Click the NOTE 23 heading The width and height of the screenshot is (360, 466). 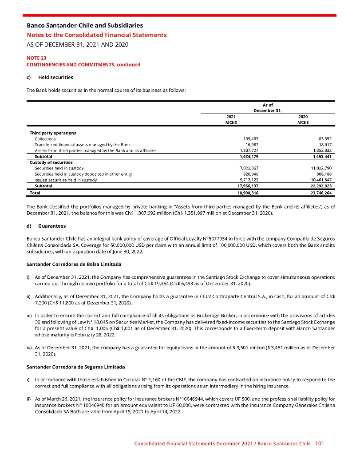click(37, 58)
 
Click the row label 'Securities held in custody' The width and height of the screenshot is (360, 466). click(59, 168)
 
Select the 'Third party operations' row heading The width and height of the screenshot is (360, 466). click(53, 133)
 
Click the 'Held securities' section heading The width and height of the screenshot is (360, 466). click(55, 77)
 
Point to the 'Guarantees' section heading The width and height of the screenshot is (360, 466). click(52, 226)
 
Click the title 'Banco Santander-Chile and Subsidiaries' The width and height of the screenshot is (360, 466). click(85, 26)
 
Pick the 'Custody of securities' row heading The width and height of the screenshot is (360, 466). click(51, 162)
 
